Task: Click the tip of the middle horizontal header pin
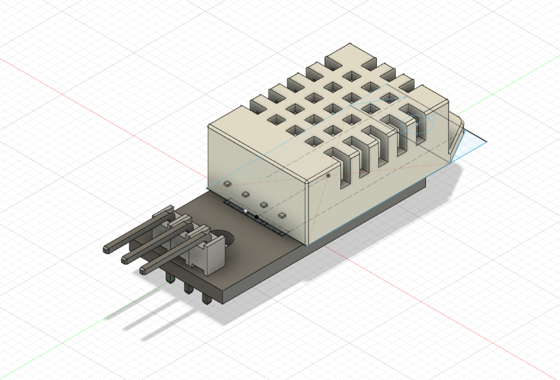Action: [126, 259]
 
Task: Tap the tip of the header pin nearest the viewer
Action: [144, 270]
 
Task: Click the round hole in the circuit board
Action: [226, 236]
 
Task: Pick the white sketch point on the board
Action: [246, 211]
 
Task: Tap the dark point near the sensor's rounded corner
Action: [328, 176]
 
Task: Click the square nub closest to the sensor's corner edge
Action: [281, 214]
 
